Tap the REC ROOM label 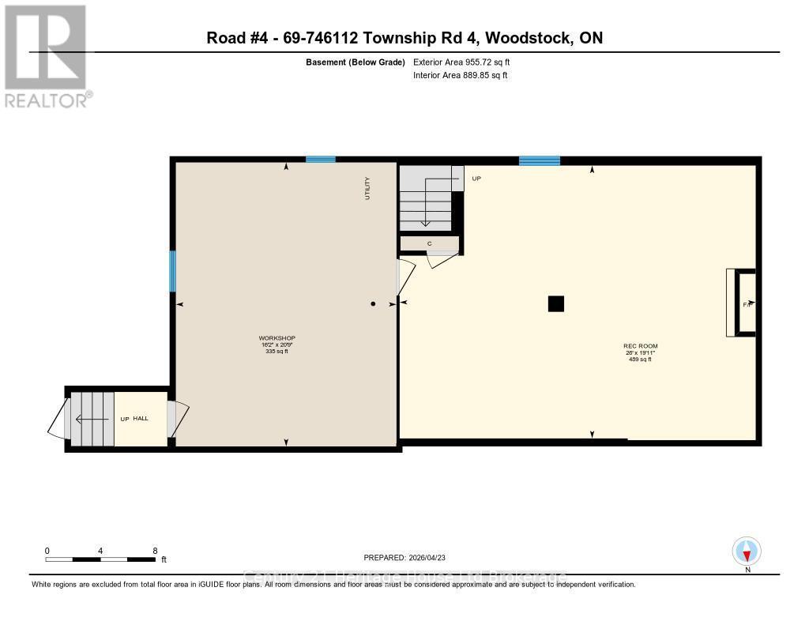[640, 346]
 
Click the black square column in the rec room [556, 303]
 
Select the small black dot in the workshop [374, 303]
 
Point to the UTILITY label [367, 188]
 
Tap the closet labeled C [429, 243]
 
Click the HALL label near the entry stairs [141, 418]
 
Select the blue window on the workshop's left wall [173, 271]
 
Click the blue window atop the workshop [320, 160]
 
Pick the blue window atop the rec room [540, 161]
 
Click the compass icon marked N [747, 552]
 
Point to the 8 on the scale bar [155, 551]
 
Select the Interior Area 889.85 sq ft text [460, 75]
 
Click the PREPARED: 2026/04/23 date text [409, 557]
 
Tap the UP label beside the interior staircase [476, 179]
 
